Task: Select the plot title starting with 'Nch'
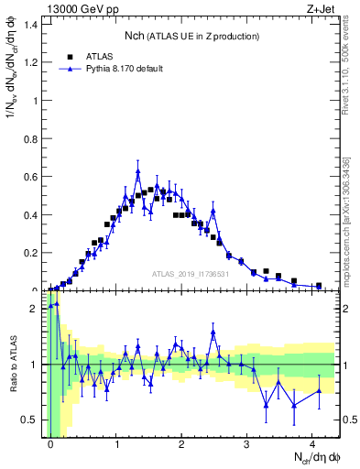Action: pyautogui.click(x=192, y=36)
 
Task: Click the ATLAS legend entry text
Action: pyautogui.click(x=100, y=56)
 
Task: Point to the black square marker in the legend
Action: pyautogui.click(x=69, y=56)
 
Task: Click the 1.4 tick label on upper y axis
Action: pyautogui.click(x=31, y=23)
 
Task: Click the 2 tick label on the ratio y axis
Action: pyautogui.click(x=35, y=309)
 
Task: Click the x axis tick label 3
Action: pyautogui.click(x=248, y=444)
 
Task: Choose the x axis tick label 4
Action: pyautogui.click(x=313, y=444)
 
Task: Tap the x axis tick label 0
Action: pyautogui.click(x=51, y=444)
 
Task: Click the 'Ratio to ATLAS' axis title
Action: pyautogui.click(x=12, y=365)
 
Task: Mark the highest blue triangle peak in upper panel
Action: pyautogui.click(x=137, y=171)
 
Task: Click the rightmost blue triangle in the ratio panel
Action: pyautogui.click(x=319, y=391)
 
